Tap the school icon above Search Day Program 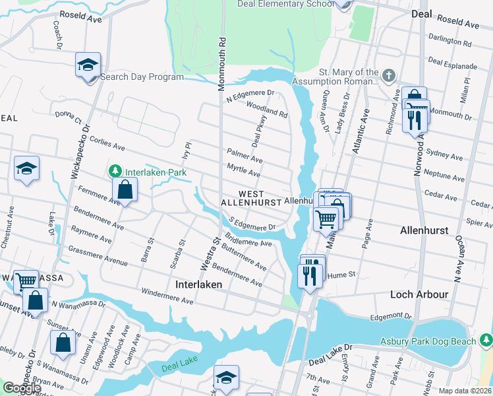[x=88, y=65]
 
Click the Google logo [x=21, y=388]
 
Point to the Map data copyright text [x=465, y=391]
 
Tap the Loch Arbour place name [x=419, y=294]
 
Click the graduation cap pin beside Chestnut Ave [x=27, y=169]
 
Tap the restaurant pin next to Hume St [x=309, y=273]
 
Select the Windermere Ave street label [x=167, y=296]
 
